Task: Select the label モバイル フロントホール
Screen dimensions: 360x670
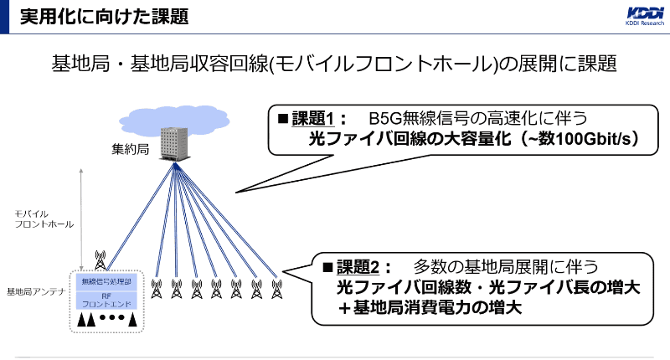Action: [x=44, y=219]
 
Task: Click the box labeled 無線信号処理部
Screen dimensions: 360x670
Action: [x=106, y=282]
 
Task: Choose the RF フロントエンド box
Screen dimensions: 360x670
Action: [x=106, y=301]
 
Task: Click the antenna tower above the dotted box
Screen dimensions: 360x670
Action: [x=101, y=259]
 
